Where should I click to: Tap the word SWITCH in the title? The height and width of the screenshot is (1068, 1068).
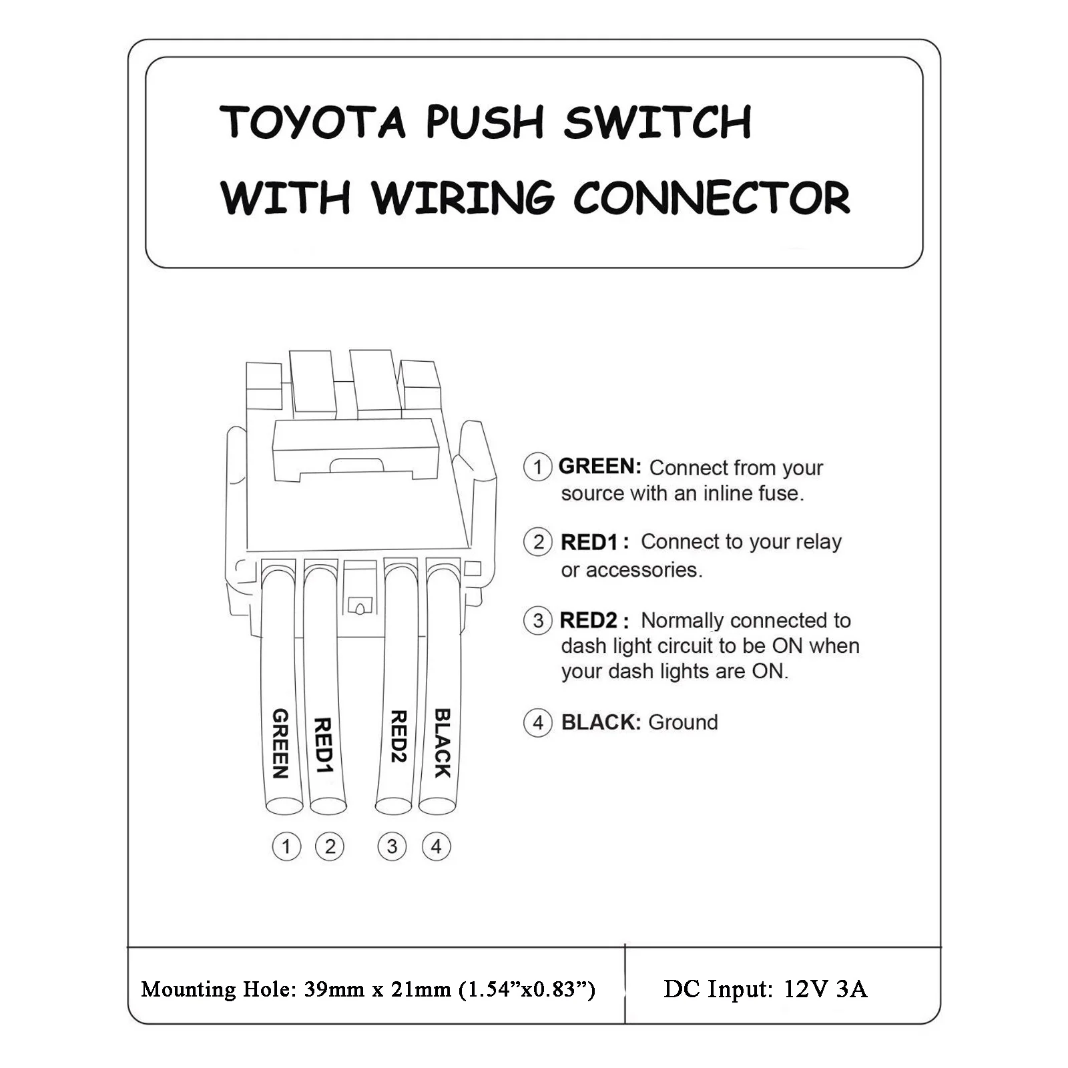tap(657, 122)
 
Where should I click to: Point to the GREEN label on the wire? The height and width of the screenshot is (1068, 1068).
tap(280, 743)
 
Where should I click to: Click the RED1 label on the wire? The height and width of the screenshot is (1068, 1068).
tap(322, 745)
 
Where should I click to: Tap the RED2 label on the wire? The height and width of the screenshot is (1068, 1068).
tap(398, 736)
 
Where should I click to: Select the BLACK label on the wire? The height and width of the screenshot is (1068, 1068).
tap(442, 742)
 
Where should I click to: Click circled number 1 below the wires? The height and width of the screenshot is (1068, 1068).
tap(286, 846)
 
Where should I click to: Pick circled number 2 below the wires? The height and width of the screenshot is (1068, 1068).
tap(330, 846)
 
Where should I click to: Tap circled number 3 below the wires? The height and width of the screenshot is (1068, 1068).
tap(392, 846)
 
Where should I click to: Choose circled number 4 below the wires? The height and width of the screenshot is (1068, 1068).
tap(436, 846)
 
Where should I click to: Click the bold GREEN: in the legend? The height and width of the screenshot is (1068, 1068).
tap(599, 466)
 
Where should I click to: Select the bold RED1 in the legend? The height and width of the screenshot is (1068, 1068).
tap(589, 542)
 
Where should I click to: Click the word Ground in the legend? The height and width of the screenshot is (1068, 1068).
tap(683, 722)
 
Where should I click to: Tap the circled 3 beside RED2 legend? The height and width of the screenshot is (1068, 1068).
tap(538, 621)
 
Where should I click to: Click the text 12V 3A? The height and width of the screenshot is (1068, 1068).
tap(825, 989)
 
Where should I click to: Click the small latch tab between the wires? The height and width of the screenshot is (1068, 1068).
tap(358, 605)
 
